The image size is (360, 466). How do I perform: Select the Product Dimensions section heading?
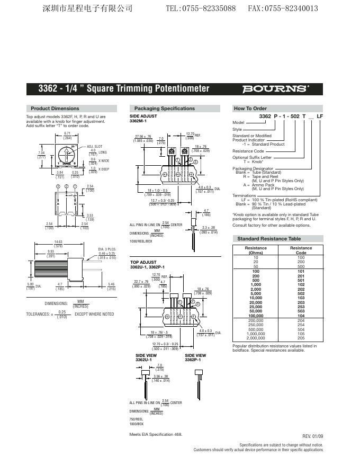pos(55,109)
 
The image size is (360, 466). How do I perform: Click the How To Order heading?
pos(250,109)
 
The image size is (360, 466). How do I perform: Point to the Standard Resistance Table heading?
pos(269,239)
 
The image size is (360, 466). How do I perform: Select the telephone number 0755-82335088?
pos(201,8)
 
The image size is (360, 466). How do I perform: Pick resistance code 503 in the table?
pos(301,311)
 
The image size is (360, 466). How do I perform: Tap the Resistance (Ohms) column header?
pos(256,250)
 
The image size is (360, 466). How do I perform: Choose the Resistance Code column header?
pos(301,250)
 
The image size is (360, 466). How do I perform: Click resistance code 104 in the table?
pos(301,316)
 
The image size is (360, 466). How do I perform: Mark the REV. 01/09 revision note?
pos(312,436)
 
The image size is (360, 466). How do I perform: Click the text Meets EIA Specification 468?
pos(156,434)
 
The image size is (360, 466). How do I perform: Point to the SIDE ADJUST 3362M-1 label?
pos(143,118)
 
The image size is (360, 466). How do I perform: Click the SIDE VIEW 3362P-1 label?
pos(195,357)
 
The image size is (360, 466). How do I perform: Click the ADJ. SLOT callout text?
pos(95,146)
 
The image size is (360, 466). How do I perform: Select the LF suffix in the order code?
pos(319,115)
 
